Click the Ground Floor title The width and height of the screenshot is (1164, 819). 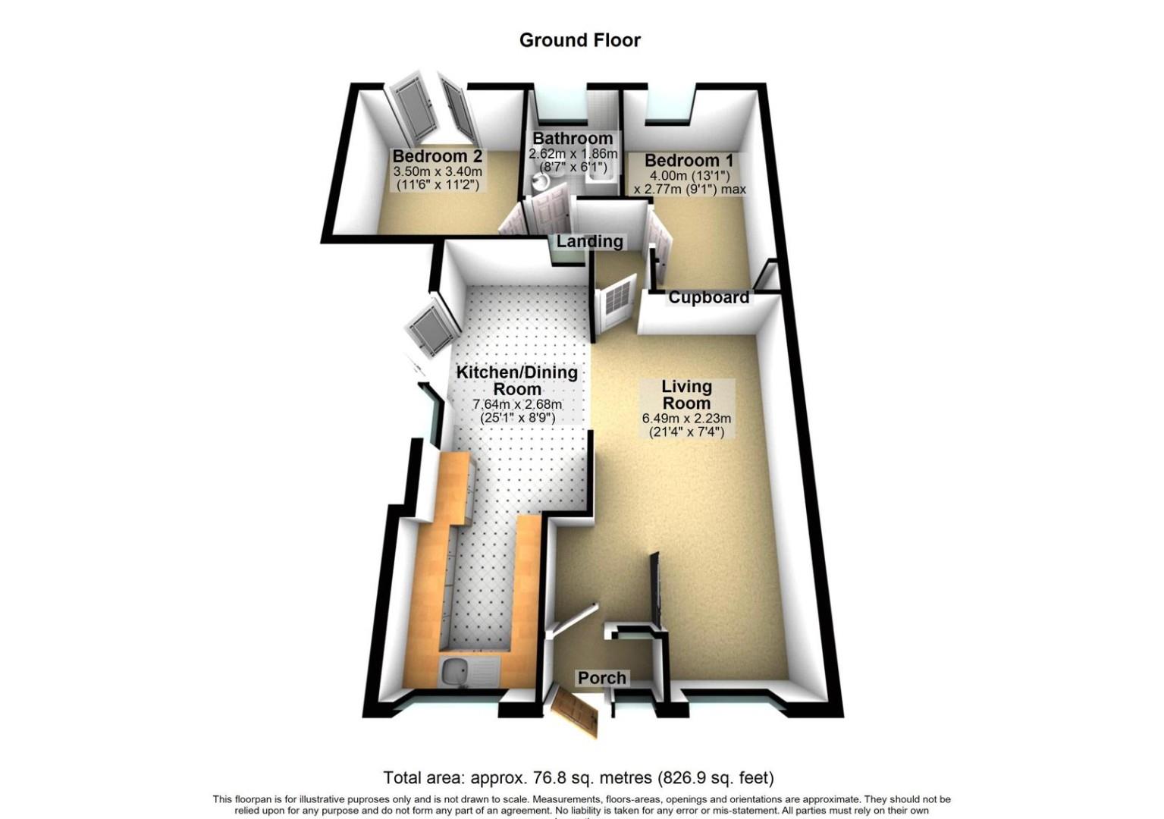(x=579, y=40)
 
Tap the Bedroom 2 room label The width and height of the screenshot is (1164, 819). (x=437, y=156)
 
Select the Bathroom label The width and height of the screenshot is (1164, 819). (x=573, y=139)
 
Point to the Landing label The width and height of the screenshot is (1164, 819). (x=589, y=242)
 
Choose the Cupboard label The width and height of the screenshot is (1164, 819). (x=708, y=298)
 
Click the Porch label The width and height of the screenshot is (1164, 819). (x=602, y=678)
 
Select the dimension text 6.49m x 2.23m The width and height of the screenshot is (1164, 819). (x=686, y=418)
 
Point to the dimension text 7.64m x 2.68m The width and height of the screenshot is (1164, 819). (x=517, y=404)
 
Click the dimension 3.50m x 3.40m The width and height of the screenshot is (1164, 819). (x=437, y=171)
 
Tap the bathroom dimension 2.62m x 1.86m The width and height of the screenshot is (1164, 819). (x=573, y=153)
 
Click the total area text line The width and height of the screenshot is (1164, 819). (x=578, y=777)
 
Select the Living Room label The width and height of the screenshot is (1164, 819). (x=686, y=394)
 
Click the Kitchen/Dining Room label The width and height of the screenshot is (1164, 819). (x=517, y=381)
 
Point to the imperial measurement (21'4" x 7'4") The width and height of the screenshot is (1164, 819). (x=686, y=431)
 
